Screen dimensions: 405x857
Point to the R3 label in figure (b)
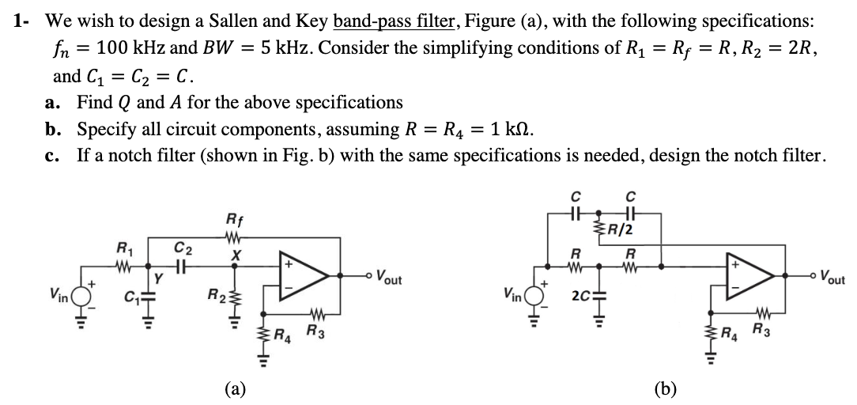(763, 330)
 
